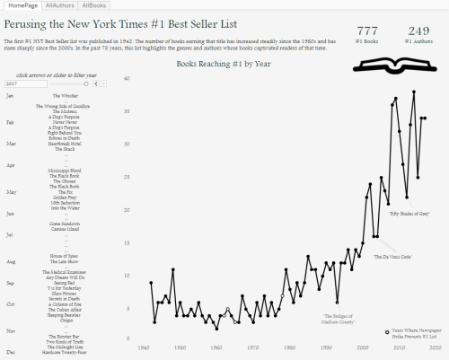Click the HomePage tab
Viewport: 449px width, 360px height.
click(x=21, y=5)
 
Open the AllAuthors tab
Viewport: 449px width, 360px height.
click(x=59, y=5)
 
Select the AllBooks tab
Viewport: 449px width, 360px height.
click(x=93, y=5)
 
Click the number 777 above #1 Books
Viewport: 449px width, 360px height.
click(x=367, y=31)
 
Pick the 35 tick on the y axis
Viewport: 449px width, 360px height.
click(x=128, y=111)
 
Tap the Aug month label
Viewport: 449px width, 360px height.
click(x=10, y=261)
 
